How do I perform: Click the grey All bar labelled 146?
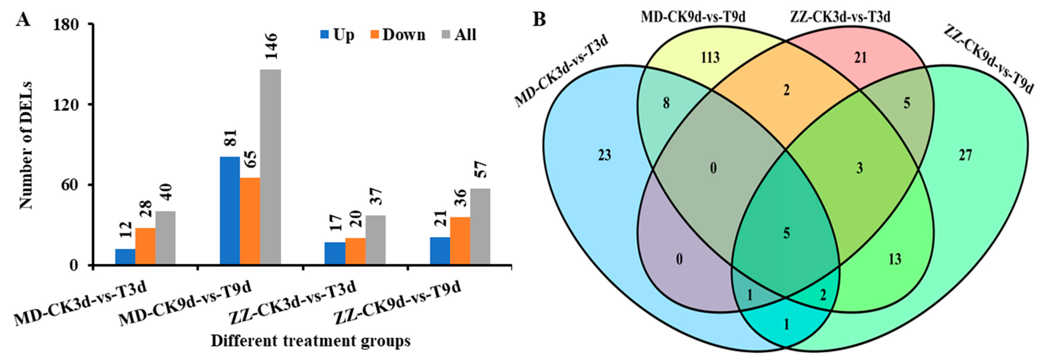click(x=270, y=167)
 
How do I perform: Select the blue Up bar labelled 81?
click(x=229, y=211)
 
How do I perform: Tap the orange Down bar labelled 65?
click(x=250, y=221)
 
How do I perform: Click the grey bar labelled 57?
click(x=480, y=227)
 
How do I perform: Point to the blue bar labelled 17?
click(x=335, y=253)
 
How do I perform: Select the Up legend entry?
click(x=338, y=35)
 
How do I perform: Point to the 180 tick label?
click(x=72, y=24)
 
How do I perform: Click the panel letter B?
click(x=539, y=19)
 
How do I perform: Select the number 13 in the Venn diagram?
click(x=895, y=259)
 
